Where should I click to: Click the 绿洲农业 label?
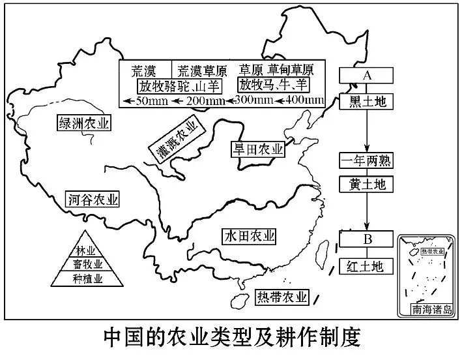point(85,123)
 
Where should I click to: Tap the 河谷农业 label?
point(93,200)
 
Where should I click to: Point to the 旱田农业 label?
point(258,149)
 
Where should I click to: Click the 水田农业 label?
point(248,235)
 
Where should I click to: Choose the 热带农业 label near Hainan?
point(281,298)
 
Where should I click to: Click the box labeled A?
point(367,76)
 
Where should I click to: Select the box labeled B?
point(367,239)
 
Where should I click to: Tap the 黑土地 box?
point(367,102)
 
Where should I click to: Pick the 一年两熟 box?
point(367,161)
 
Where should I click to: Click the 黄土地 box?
point(367,185)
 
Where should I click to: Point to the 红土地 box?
point(367,265)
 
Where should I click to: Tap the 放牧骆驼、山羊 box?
point(178,85)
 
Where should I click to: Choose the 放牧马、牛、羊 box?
point(273,85)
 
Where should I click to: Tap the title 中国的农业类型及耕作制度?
point(231,338)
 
